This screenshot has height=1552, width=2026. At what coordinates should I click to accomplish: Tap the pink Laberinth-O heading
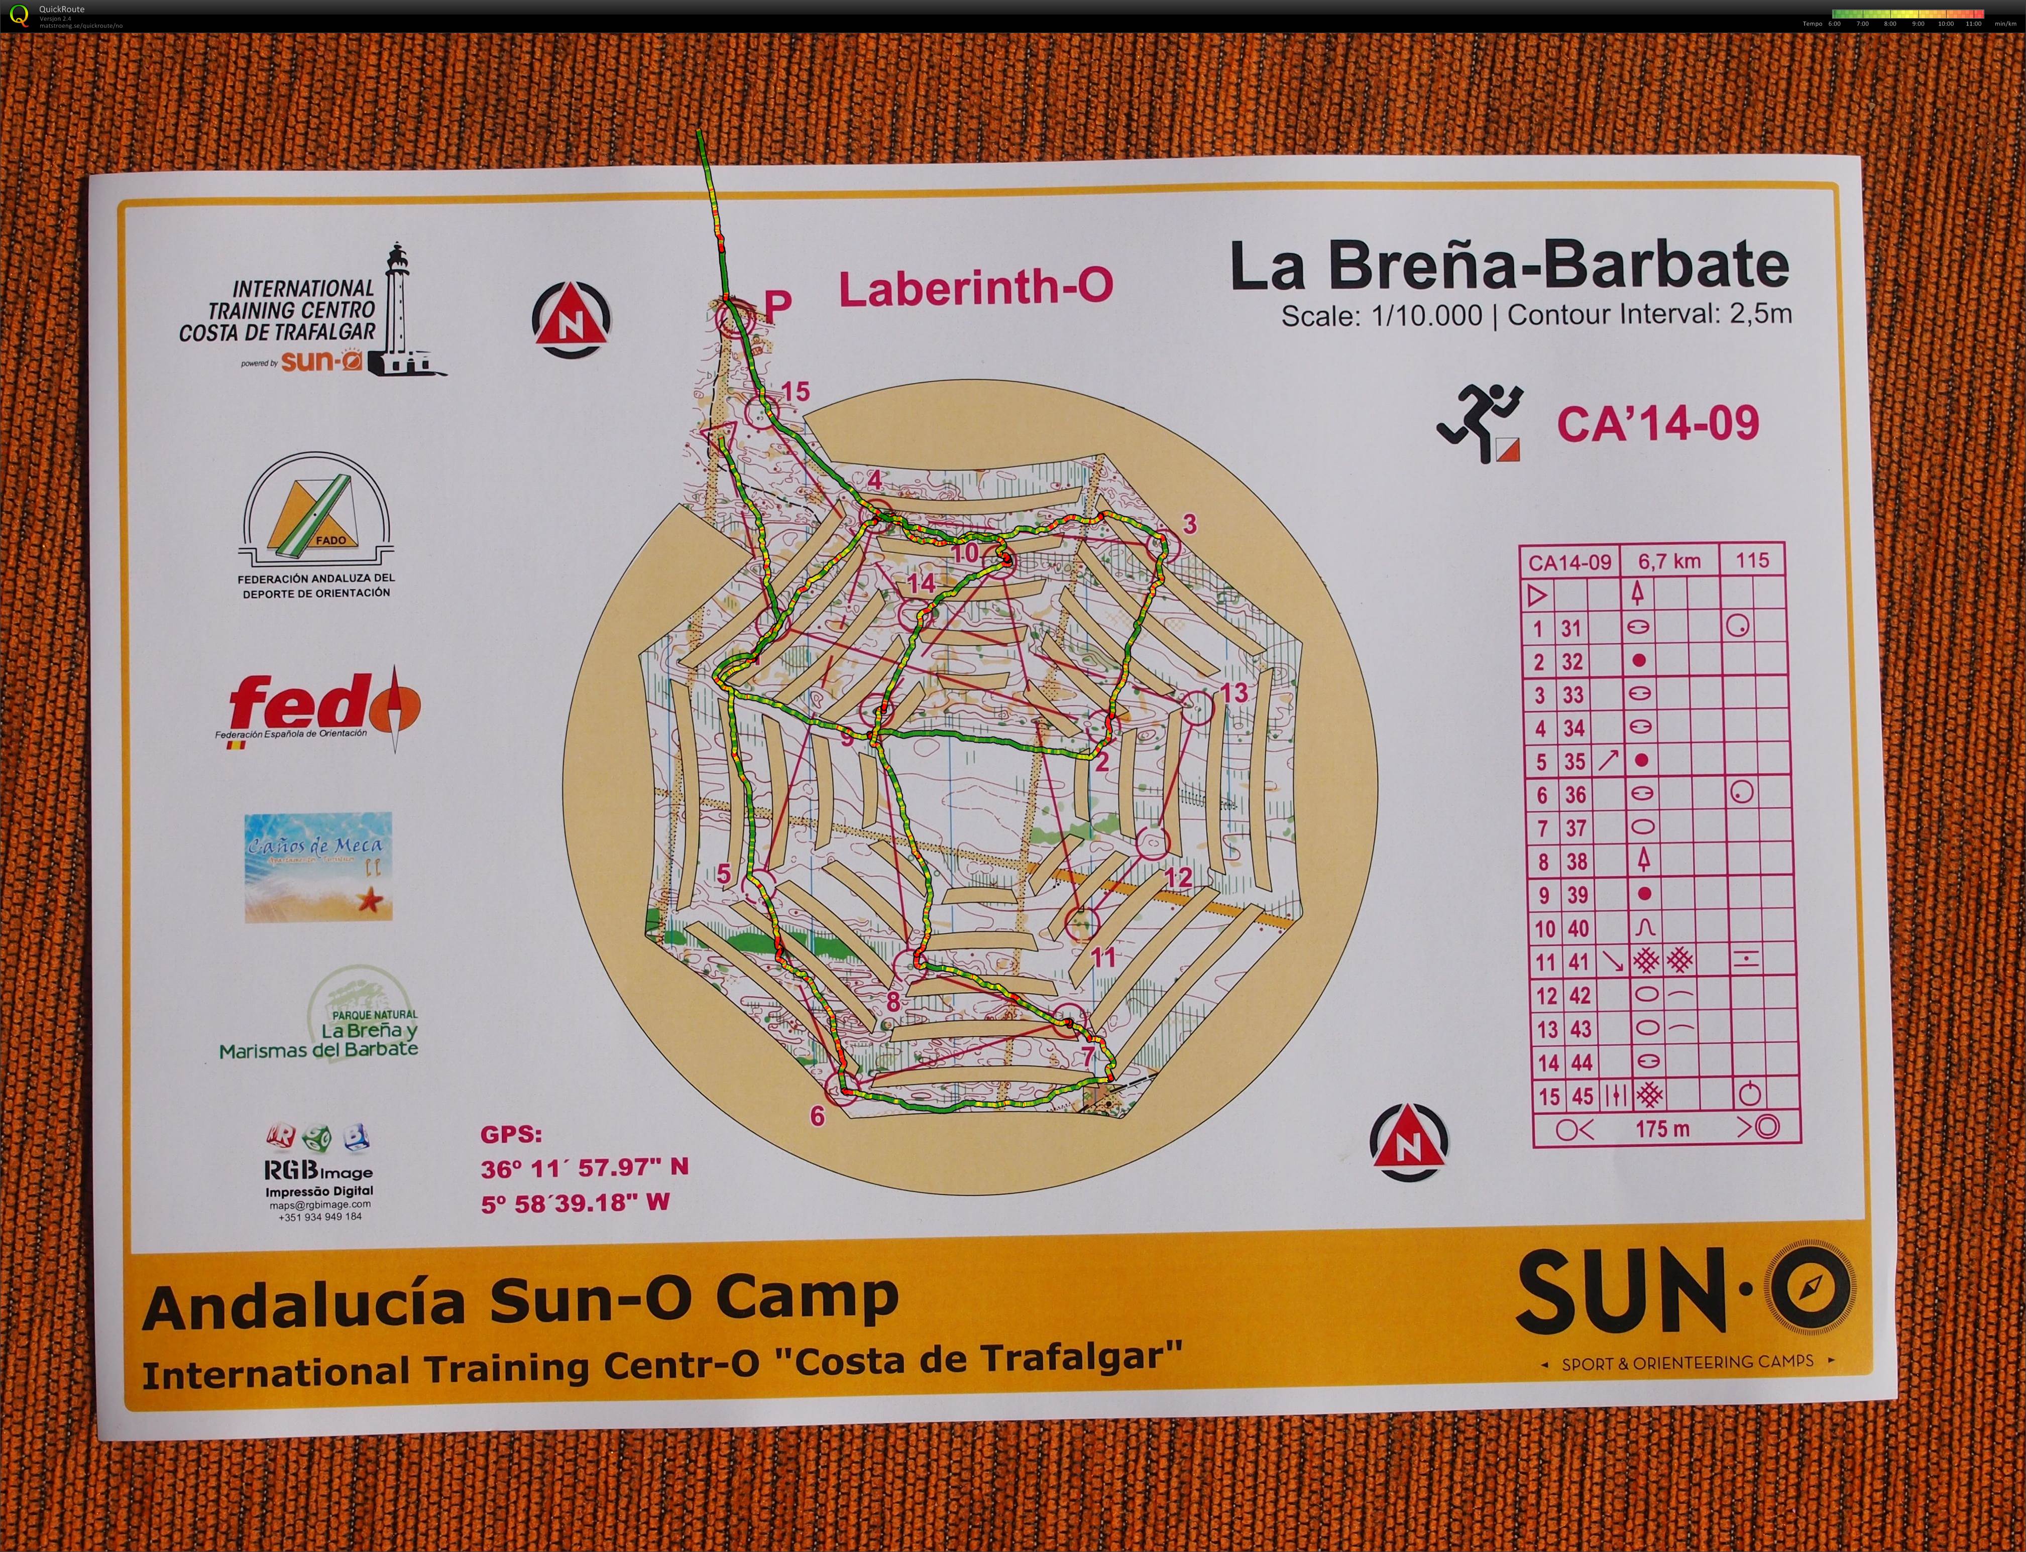tap(976, 288)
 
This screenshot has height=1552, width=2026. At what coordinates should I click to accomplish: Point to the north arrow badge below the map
tap(1409, 1143)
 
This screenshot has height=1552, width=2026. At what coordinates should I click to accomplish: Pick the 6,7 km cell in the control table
tap(1668, 561)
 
